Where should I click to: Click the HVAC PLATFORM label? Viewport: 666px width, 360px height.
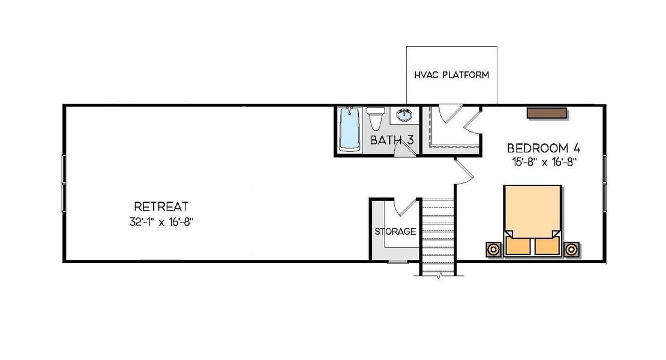pyautogui.click(x=451, y=76)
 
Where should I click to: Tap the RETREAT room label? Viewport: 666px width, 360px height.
pyautogui.click(x=161, y=206)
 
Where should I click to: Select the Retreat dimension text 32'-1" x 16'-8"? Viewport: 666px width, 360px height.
pyautogui.click(x=161, y=221)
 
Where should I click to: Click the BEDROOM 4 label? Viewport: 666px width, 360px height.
pyautogui.click(x=543, y=148)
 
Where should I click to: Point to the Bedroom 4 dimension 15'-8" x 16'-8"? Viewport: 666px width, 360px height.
pyautogui.click(x=543, y=161)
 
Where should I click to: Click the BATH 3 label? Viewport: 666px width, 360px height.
pyautogui.click(x=392, y=140)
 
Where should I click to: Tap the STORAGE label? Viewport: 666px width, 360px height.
pyautogui.click(x=395, y=231)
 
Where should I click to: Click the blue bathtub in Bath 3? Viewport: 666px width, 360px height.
pyautogui.click(x=349, y=129)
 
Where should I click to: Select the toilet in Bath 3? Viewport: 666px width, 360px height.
pyautogui.click(x=376, y=118)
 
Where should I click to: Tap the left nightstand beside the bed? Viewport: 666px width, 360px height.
pyautogui.click(x=494, y=249)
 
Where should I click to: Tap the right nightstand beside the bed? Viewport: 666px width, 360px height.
pyautogui.click(x=571, y=249)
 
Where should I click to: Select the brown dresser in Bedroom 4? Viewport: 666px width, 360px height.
pyautogui.click(x=547, y=113)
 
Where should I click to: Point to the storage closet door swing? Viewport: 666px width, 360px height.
pyautogui.click(x=406, y=207)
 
